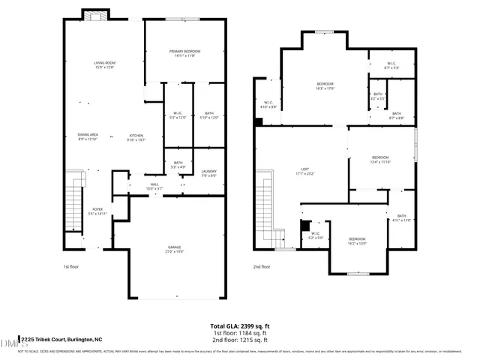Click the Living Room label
103,64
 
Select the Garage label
173,249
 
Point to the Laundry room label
208,173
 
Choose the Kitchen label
136,136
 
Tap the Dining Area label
88,136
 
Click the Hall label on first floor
154,186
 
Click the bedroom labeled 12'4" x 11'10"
381,159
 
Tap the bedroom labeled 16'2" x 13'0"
356,241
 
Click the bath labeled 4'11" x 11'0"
401,218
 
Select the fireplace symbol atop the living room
94,16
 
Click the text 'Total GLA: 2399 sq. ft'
239,326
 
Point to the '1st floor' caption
70,266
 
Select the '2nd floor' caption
262,266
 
